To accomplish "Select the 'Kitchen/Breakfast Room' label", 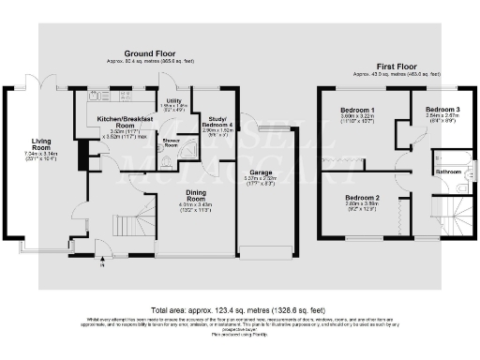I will point(113,123).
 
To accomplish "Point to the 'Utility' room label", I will point(174,100).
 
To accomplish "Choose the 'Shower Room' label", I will point(172,142).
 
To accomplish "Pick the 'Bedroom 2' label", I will point(361,199).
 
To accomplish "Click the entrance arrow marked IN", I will point(101,263).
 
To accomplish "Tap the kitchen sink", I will point(96,97).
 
